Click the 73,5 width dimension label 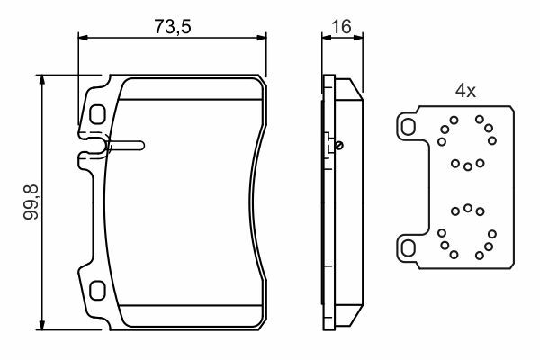(172, 26)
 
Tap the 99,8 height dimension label (31, 202)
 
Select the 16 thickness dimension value (341, 26)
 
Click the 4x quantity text (465, 91)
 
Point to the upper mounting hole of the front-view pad (97, 114)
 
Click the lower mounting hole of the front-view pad (97, 290)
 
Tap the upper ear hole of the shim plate (409, 127)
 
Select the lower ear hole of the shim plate (409, 248)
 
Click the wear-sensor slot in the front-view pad (127, 146)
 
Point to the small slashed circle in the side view (339, 146)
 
